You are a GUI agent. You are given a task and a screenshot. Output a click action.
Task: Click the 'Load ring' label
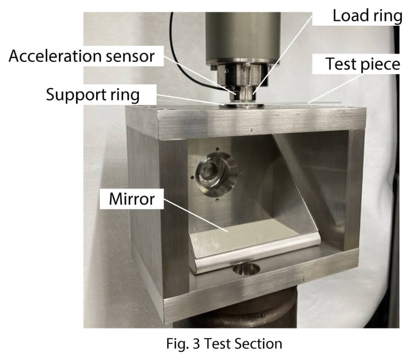[x=367, y=16]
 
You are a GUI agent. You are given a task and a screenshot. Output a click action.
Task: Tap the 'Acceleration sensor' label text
[x=82, y=56]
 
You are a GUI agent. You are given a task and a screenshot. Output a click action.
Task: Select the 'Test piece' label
[x=363, y=64]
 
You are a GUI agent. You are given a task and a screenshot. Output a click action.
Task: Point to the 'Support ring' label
[x=93, y=95]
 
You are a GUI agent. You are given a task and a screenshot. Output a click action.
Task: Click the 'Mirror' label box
[x=131, y=199]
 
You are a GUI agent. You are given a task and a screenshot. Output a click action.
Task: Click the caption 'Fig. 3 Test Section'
[x=224, y=344]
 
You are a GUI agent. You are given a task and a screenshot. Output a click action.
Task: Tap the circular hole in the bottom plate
[x=246, y=269]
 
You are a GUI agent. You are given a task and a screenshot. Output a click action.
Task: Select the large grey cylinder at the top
[x=243, y=37]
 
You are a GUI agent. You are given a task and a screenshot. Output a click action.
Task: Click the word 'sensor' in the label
[x=130, y=57]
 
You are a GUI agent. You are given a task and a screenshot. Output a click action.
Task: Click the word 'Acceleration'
[x=55, y=56]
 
